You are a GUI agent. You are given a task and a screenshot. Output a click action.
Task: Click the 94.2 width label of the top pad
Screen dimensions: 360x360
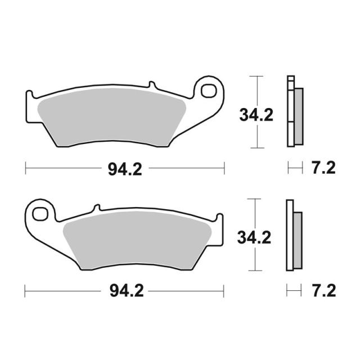tap(125, 169)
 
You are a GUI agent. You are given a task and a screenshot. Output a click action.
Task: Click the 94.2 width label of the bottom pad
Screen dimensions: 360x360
tap(127, 291)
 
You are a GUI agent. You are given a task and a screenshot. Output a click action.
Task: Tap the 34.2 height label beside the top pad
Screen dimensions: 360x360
tap(256, 115)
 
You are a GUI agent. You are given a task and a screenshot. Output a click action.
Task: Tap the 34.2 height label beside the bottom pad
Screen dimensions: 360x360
tap(254, 237)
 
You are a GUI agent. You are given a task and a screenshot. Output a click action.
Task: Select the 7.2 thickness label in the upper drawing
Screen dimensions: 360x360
tap(323, 168)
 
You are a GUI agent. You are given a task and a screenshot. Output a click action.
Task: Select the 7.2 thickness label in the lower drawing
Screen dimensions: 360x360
tap(324, 290)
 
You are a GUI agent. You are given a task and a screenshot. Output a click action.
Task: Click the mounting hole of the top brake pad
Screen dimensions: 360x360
tap(209, 91)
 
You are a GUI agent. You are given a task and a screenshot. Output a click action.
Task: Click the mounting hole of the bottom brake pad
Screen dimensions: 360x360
tap(40, 214)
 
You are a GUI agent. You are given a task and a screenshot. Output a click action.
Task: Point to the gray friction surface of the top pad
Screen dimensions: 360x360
tap(111, 116)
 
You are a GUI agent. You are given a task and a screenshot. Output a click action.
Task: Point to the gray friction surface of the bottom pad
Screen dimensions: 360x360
tap(137, 240)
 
